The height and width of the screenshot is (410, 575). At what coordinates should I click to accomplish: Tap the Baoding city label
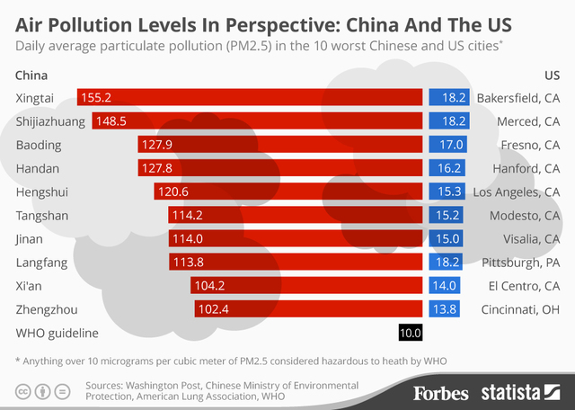[36, 144]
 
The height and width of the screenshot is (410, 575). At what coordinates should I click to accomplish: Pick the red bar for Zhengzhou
[310, 309]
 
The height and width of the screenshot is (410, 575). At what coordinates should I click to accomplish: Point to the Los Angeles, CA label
[517, 192]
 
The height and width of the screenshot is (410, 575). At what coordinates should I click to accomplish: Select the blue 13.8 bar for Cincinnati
[447, 309]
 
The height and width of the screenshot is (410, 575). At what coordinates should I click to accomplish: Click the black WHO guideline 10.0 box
[411, 334]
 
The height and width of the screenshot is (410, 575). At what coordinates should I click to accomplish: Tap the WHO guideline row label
[57, 334]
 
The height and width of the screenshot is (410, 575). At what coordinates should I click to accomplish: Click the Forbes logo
[441, 393]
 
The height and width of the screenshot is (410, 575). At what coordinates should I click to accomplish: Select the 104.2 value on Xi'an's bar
[208, 286]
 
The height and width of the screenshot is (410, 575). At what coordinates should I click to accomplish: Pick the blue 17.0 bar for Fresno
[447, 144]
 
